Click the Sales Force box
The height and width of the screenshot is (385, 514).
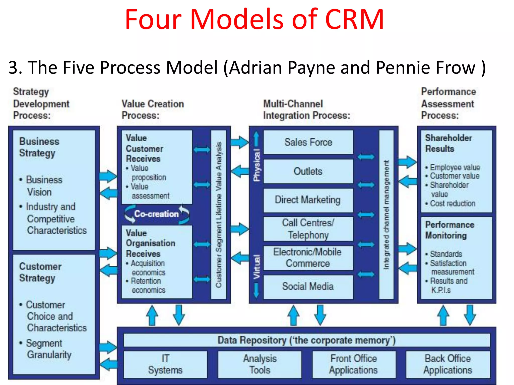(x=308, y=142)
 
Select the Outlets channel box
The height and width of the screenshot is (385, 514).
(x=308, y=171)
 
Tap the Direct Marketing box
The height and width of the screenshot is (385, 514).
(x=308, y=200)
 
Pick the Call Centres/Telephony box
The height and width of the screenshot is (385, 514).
(x=308, y=229)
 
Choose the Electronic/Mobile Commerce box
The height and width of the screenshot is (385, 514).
(x=308, y=258)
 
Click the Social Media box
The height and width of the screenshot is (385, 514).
(x=308, y=286)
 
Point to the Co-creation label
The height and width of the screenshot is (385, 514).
(x=156, y=214)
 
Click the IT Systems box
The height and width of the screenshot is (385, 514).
(x=165, y=364)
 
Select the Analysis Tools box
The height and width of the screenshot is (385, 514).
(x=260, y=364)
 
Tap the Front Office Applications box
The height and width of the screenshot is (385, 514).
(x=354, y=364)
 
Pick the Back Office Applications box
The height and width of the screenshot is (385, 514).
(x=448, y=364)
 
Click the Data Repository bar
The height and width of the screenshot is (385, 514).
(x=306, y=340)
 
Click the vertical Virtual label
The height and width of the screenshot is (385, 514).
(x=256, y=267)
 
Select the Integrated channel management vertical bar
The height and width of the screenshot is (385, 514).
(x=386, y=215)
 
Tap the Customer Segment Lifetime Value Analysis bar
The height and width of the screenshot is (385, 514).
(x=219, y=215)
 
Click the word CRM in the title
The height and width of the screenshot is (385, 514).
(x=354, y=20)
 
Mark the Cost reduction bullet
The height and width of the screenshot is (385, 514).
(x=453, y=203)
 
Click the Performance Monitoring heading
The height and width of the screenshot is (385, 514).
(x=449, y=230)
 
